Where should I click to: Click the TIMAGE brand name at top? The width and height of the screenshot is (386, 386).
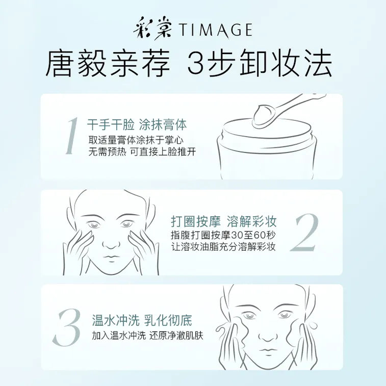click(x=215, y=31)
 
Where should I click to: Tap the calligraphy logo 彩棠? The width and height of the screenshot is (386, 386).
click(x=154, y=30)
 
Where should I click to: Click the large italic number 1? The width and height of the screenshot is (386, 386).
click(x=70, y=136)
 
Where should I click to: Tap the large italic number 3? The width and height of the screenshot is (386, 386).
click(x=68, y=327)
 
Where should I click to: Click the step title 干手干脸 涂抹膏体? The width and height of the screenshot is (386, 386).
click(x=137, y=124)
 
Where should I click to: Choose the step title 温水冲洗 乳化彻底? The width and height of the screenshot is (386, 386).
click(x=142, y=321)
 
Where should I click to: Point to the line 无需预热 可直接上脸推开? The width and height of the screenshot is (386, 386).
click(x=142, y=152)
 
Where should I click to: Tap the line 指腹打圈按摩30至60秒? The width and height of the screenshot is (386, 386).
click(x=223, y=236)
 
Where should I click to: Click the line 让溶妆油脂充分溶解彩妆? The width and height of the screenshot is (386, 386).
click(x=223, y=247)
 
